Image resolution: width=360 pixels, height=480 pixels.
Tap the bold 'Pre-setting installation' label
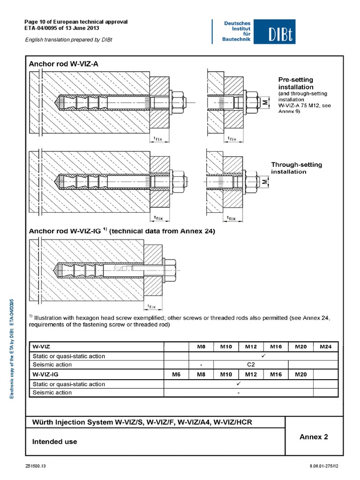tap(296, 83)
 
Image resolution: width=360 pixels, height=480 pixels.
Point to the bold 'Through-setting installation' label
tap(297, 168)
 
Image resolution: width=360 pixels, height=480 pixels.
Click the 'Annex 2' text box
tap(314, 437)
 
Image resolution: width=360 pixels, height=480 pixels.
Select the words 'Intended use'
tap(54, 442)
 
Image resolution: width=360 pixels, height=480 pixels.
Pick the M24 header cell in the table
tap(325, 346)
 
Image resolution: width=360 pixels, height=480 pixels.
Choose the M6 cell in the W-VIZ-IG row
tap(176, 375)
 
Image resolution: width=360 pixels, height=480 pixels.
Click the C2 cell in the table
tap(251, 364)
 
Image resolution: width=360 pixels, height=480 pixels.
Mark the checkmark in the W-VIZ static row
tap(263, 356)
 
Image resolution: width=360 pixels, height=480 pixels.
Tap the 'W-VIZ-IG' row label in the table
tap(45, 375)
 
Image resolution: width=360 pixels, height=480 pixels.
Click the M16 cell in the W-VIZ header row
tap(276, 346)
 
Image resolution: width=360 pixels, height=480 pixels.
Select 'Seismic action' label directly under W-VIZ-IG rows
tap(52, 392)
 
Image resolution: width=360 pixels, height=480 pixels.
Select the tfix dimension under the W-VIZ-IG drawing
tap(152, 307)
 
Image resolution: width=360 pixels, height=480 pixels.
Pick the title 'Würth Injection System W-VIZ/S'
tap(142, 422)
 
